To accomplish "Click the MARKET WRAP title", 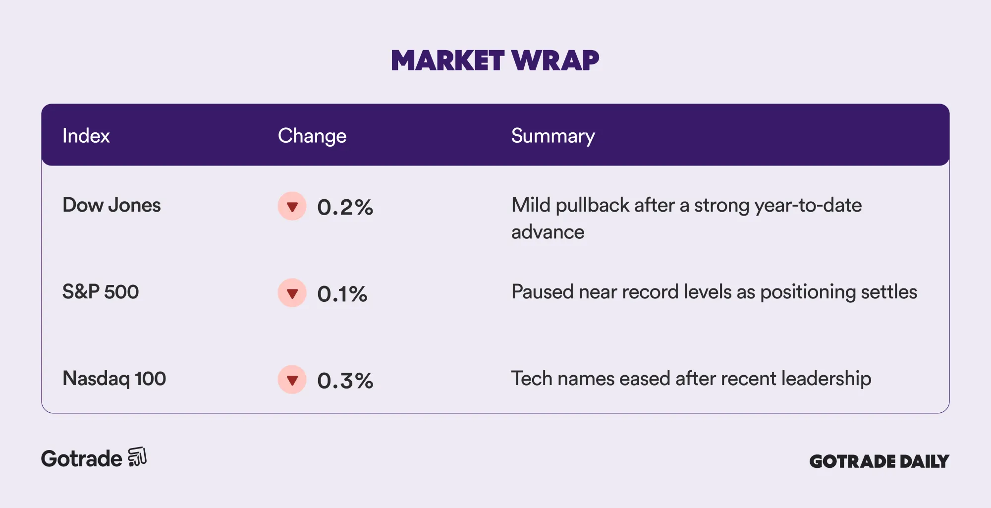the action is (495, 60).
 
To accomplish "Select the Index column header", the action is (86, 136).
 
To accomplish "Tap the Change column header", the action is (312, 136).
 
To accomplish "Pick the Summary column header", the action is (553, 136).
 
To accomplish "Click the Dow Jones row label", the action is (111, 205).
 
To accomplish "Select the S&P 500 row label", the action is (101, 292).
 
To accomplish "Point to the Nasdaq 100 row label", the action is (114, 379).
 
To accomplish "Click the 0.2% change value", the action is (345, 207).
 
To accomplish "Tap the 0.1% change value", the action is (342, 294).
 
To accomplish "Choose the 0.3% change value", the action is (345, 381).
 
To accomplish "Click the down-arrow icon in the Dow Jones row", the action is (292, 206).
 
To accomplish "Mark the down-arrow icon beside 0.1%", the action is (292, 293).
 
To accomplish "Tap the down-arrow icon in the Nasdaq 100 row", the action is (292, 380).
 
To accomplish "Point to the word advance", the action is (548, 232).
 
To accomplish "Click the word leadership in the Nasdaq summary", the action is (826, 379).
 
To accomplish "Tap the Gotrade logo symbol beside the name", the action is (137, 457).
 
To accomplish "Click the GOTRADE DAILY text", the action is (879, 461).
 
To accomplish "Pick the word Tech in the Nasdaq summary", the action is (532, 379).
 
